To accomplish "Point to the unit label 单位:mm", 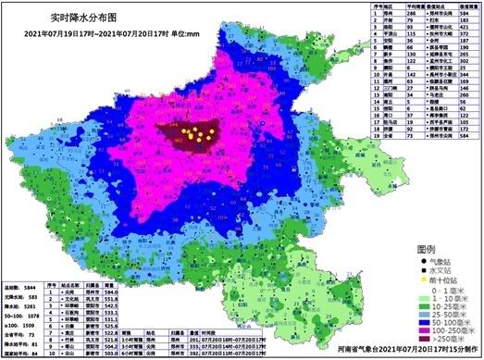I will coord(194,36).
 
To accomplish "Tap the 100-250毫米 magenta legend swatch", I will coord(413,329).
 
